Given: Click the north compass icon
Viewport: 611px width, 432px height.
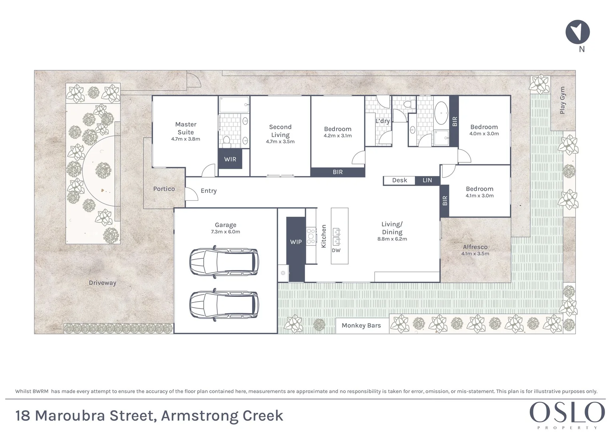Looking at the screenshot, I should coord(577,32).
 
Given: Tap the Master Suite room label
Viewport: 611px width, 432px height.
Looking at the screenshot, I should coord(186,128).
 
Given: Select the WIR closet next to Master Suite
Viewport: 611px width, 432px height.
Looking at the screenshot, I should coord(230,159).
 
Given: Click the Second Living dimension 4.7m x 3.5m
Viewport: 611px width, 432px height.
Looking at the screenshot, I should coord(280,142).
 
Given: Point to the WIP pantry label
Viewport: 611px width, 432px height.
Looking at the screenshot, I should coord(296,242).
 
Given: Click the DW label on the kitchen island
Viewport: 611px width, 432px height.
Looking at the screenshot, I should coord(336,250).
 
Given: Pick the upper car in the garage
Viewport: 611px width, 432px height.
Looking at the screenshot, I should coord(224,262).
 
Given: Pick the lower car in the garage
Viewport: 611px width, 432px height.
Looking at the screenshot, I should coord(224,305).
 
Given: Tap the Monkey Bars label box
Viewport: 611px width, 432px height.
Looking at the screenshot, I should coord(361,326).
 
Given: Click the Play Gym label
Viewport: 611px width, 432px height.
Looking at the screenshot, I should coord(563,100).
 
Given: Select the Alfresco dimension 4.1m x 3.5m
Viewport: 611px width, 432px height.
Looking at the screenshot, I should coord(475,254).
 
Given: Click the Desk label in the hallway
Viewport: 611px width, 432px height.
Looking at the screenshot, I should coord(399,180).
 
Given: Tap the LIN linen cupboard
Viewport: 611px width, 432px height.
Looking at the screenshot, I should coord(427,180).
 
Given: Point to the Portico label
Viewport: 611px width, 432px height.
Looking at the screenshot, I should coord(164,189).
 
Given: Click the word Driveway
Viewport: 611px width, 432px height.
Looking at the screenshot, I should coord(102,283).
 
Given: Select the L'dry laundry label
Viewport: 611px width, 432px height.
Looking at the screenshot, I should coord(383,121).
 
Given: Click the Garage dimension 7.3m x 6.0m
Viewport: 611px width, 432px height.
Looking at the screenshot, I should coord(226,232).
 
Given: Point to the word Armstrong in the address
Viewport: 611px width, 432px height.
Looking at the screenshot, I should coord(194,416).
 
